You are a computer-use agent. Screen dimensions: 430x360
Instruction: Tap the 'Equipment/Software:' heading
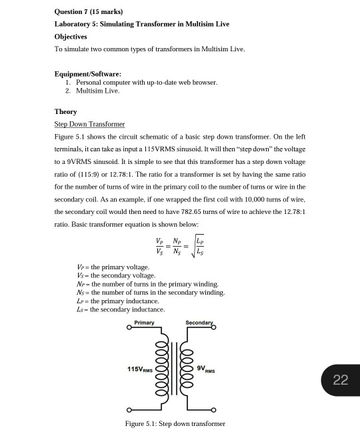87,73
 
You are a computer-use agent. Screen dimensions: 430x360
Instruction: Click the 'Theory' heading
65,111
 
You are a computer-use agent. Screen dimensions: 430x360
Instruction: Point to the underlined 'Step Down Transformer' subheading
89,124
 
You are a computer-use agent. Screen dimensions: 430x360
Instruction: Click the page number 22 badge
340,380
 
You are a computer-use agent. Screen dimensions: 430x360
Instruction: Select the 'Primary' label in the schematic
144,323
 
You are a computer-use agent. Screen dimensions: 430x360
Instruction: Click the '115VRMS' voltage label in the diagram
141,369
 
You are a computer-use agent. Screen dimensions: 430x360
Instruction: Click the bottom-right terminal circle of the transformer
215,409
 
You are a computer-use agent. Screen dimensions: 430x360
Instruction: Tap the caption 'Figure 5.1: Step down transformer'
175,423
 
